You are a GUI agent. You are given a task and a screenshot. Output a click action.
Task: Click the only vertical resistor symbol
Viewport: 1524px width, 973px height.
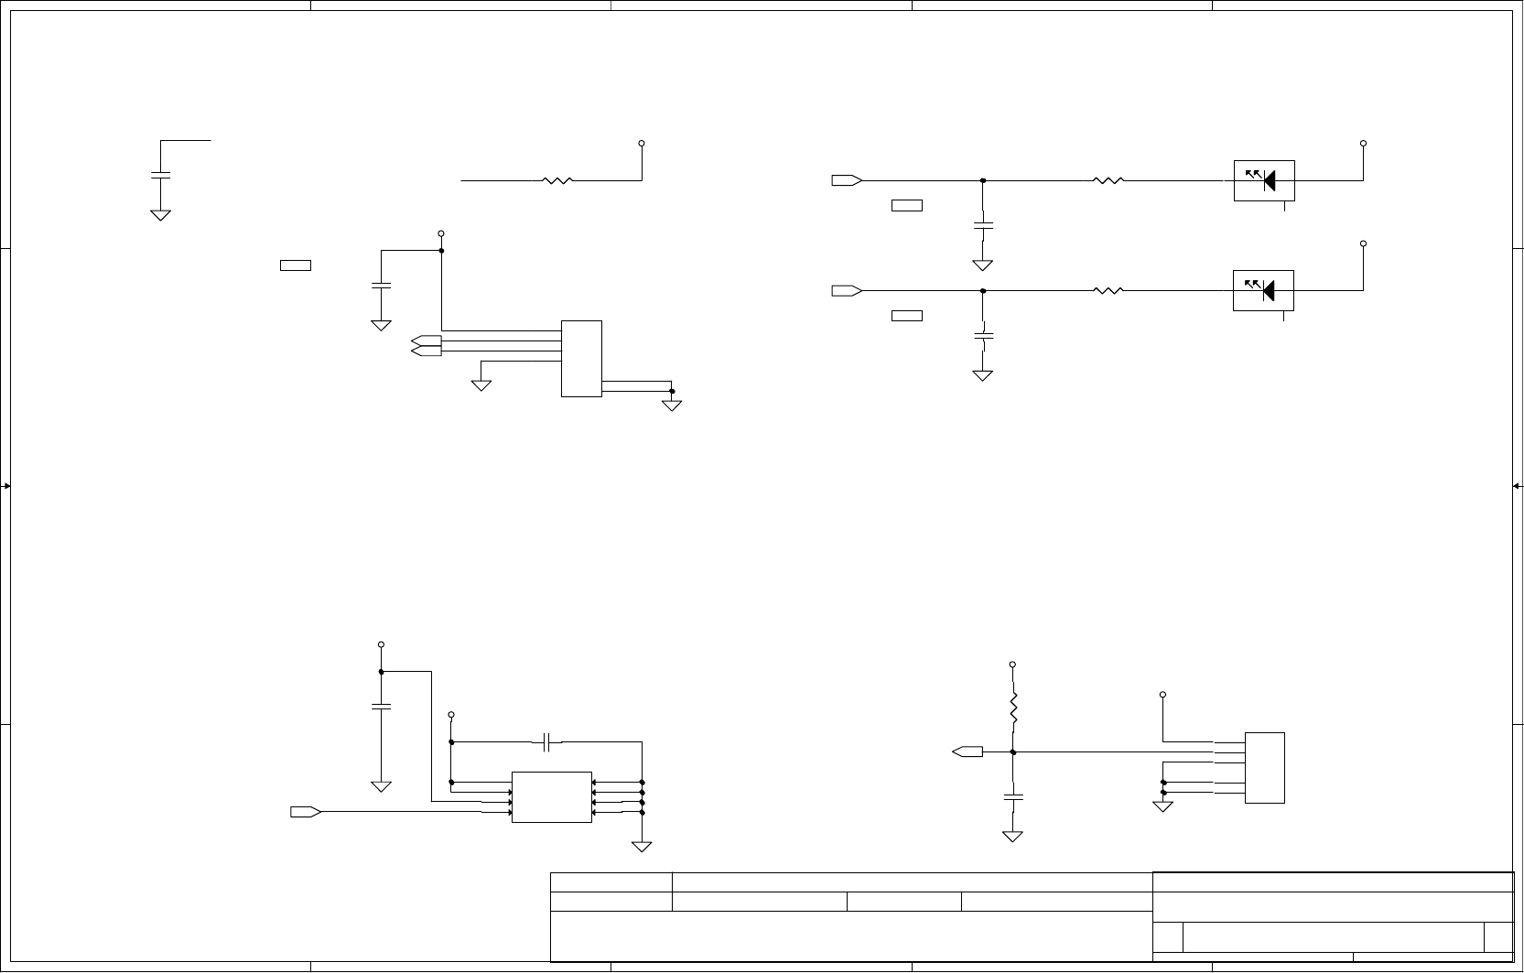click(1013, 707)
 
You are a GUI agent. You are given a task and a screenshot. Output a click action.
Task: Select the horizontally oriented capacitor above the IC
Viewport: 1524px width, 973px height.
click(546, 741)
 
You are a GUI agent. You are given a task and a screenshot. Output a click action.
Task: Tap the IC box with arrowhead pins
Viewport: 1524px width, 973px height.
click(551, 796)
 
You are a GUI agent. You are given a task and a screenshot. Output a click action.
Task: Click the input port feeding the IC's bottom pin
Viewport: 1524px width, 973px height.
click(305, 812)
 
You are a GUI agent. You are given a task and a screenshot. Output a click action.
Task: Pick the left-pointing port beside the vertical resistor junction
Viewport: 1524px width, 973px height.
click(967, 752)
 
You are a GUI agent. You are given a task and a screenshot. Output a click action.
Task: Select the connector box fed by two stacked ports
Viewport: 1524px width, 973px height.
click(581, 358)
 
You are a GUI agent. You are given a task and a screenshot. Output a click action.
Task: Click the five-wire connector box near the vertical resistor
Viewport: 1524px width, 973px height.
click(1264, 767)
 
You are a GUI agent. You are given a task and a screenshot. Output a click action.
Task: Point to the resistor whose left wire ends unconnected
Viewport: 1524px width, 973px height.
click(557, 181)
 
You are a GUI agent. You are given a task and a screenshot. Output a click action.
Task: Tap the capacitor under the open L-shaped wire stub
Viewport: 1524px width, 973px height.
click(160, 174)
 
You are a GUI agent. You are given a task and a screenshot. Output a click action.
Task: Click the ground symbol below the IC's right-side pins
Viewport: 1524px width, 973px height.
click(642, 846)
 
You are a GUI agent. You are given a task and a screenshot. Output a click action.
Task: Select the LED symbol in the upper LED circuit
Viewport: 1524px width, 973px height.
click(1264, 181)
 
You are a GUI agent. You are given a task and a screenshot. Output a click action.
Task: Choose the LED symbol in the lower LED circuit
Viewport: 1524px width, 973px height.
click(1264, 290)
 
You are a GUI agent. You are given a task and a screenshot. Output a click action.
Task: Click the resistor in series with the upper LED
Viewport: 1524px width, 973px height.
click(1108, 181)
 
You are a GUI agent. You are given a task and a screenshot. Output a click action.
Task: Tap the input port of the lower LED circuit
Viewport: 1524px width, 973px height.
click(847, 291)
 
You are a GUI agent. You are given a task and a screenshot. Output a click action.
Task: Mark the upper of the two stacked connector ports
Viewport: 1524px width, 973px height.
click(426, 341)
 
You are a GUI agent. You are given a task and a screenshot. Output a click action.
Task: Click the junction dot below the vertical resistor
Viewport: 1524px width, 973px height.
click(1013, 752)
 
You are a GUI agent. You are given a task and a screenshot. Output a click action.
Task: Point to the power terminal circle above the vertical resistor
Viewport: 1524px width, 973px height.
click(1012, 664)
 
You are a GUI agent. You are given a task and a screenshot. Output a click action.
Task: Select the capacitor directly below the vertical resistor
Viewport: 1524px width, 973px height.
click(1013, 795)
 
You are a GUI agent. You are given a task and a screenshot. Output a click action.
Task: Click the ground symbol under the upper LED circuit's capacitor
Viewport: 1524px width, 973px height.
click(983, 265)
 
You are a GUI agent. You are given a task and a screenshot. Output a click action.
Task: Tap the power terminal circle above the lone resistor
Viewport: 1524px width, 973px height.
click(642, 144)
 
